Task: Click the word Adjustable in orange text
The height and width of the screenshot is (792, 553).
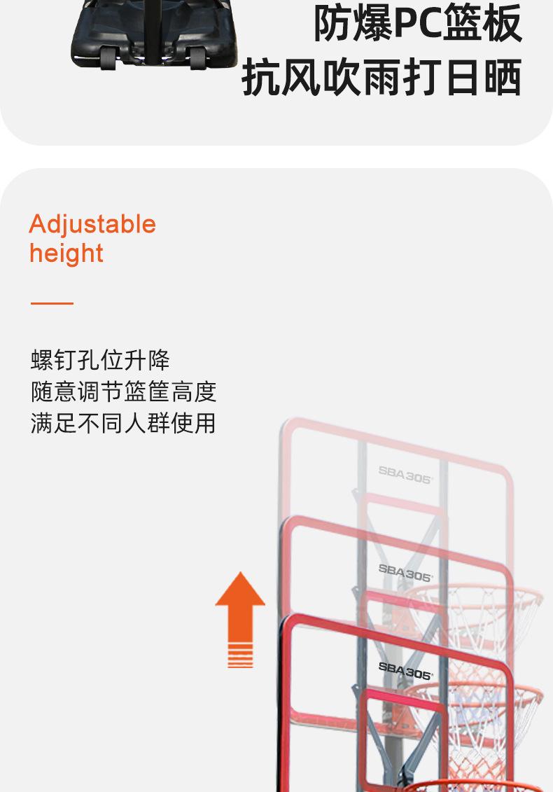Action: (92, 225)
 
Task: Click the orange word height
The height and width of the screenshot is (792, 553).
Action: (66, 253)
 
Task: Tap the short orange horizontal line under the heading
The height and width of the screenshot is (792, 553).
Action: (52, 303)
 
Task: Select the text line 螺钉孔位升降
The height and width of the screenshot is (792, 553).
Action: (100, 360)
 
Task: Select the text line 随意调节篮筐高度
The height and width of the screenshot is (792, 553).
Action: (123, 391)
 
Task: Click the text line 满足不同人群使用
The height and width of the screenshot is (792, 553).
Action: (123, 423)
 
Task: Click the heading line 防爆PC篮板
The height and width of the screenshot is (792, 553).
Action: (417, 23)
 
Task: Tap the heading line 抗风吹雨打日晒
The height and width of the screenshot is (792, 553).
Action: (381, 77)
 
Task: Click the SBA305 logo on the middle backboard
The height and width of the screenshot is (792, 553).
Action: (405, 572)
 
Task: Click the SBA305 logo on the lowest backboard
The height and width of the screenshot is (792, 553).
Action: (405, 670)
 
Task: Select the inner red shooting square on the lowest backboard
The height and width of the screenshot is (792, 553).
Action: (405, 728)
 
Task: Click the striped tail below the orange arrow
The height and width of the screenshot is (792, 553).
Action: (240, 658)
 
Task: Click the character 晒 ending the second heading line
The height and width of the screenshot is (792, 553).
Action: (503, 77)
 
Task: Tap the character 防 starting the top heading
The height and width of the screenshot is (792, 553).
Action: (332, 23)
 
